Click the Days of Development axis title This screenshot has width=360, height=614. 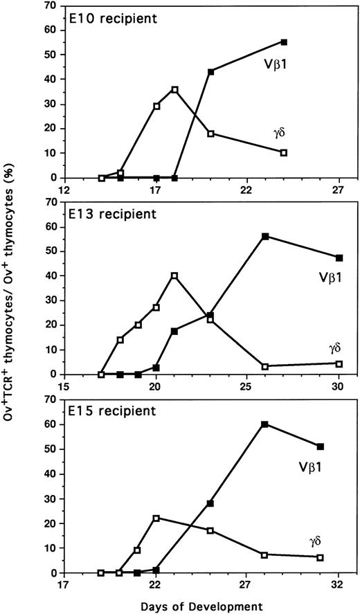pyautogui.click(x=200, y=606)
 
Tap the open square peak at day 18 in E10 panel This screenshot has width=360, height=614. pyautogui.click(x=174, y=89)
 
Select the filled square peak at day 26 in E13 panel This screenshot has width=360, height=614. pyautogui.click(x=265, y=236)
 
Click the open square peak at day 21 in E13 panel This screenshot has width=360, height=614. pyautogui.click(x=174, y=276)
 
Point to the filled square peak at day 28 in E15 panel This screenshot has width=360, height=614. pyautogui.click(x=265, y=424)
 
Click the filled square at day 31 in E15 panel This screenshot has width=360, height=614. pyautogui.click(x=321, y=446)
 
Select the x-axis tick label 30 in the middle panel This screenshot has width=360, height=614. pyautogui.click(x=339, y=386)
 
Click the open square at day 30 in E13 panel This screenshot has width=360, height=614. pyautogui.click(x=339, y=363)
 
